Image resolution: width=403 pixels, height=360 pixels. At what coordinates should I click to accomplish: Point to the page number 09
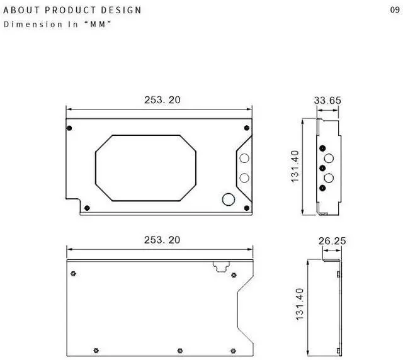click(395, 9)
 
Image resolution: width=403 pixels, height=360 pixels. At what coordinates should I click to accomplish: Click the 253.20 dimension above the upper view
click(162, 100)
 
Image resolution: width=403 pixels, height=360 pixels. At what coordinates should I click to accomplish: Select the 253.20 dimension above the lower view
click(162, 240)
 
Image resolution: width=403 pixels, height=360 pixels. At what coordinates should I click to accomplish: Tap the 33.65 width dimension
click(327, 100)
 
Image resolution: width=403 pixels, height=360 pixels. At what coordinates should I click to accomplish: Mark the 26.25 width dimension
click(332, 240)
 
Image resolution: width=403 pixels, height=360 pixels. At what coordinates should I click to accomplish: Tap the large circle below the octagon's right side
click(229, 200)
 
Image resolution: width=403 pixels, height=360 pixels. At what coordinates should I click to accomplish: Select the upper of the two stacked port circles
click(244, 159)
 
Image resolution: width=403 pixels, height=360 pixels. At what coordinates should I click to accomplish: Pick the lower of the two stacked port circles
click(244, 177)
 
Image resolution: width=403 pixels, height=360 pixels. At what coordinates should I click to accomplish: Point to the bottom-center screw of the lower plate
click(180, 349)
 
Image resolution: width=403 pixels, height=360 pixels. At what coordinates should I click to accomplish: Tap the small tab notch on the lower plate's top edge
click(220, 266)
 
